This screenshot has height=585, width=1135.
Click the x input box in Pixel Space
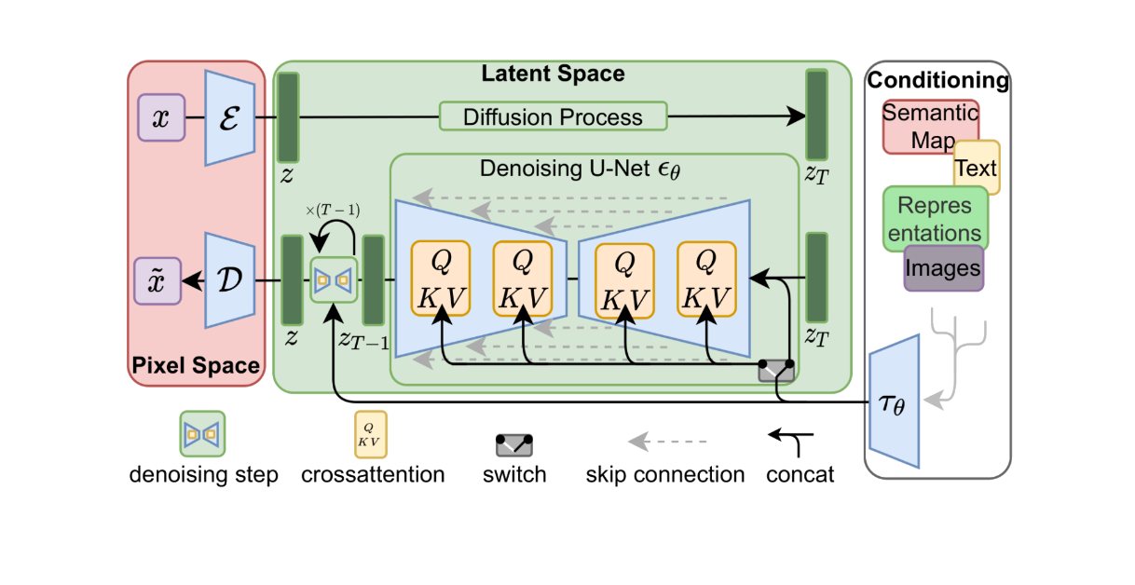[x=161, y=118]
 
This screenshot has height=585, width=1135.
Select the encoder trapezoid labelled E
[x=229, y=118]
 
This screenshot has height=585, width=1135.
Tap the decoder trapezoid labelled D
[x=229, y=280]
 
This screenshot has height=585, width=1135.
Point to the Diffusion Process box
[x=554, y=117]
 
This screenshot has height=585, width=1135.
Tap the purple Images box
[x=944, y=268]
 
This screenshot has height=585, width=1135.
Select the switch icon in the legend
[x=513, y=445]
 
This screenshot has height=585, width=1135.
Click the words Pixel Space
[x=196, y=365]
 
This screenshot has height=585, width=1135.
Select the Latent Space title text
[x=553, y=73]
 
